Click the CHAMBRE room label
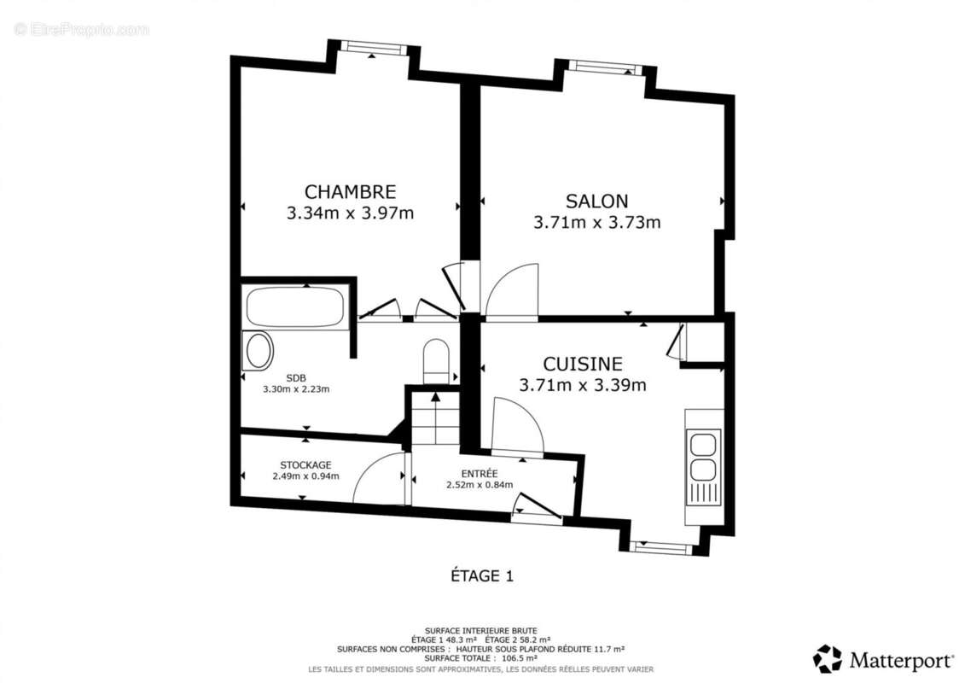click(350, 192)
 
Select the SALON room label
click(596, 201)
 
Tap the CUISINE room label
click(583, 365)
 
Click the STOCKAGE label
click(305, 464)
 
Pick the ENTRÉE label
click(479, 473)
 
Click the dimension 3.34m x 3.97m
click(350, 213)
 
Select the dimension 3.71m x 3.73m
click(596, 223)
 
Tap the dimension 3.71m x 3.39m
click(583, 385)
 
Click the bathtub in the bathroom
click(294, 306)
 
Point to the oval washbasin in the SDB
click(259, 351)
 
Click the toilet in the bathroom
click(436, 360)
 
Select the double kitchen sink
click(704, 458)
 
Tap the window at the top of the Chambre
click(373, 48)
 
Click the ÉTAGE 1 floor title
click(482, 576)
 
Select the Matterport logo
click(883, 659)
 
